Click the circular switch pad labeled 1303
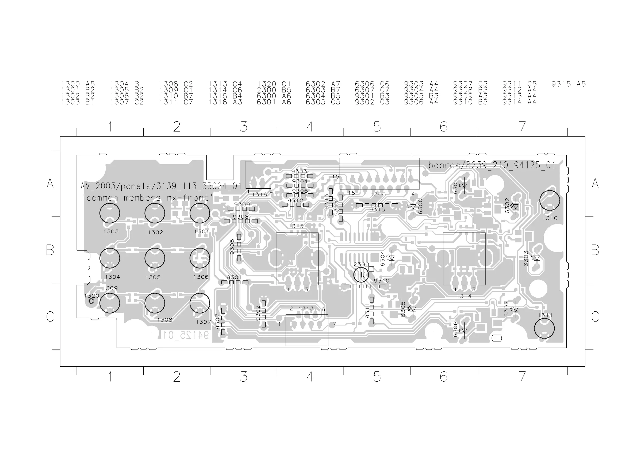pyautogui.click(x=110, y=213)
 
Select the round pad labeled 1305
pyautogui.click(x=155, y=258)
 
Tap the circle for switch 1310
pyautogui.click(x=549, y=200)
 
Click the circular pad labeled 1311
pyautogui.click(x=544, y=329)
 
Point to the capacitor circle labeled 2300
pyautogui.click(x=361, y=275)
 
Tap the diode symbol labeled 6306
pyautogui.click(x=464, y=330)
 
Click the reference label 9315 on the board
pyautogui.click(x=377, y=210)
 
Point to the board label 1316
pyautogui.click(x=259, y=195)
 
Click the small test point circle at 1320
pyautogui.click(x=91, y=301)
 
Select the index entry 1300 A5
pyautogui.click(x=78, y=84)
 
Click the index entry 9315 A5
pyautogui.click(x=568, y=84)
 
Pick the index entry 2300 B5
pyautogui.click(x=274, y=90)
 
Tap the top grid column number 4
pyautogui.click(x=310, y=127)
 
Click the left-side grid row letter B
pyautogui.click(x=50, y=250)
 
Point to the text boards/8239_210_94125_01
pyautogui.click(x=491, y=165)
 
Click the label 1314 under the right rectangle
pyautogui.click(x=464, y=296)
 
